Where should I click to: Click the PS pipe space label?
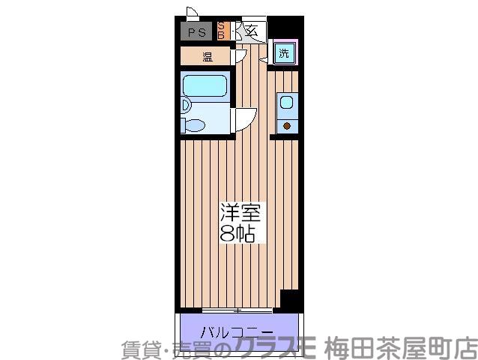pos(197,31)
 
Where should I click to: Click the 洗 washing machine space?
pos(284,53)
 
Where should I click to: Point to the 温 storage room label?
pos(207,56)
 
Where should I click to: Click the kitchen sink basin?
pos(285,102)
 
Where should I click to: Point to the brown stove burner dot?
pos(285,124)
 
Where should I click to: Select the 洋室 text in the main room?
pos(238,211)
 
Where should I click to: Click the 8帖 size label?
pos(238,233)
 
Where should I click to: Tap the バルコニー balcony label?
pos(237,331)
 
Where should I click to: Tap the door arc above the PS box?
pos(192,13)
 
